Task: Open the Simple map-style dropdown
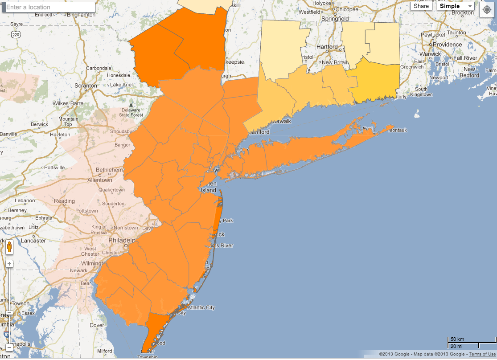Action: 455,6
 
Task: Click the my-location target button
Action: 486,10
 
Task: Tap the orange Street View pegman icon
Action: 9,247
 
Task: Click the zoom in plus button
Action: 9,264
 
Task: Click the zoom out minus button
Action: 9,347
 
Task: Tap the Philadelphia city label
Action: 121,240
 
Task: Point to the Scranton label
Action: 86,85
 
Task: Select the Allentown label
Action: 100,180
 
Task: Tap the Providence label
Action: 447,45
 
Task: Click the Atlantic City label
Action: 201,307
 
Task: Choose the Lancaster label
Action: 33,241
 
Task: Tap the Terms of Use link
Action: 482,354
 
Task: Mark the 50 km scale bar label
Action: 457,340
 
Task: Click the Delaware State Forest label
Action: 131,112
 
